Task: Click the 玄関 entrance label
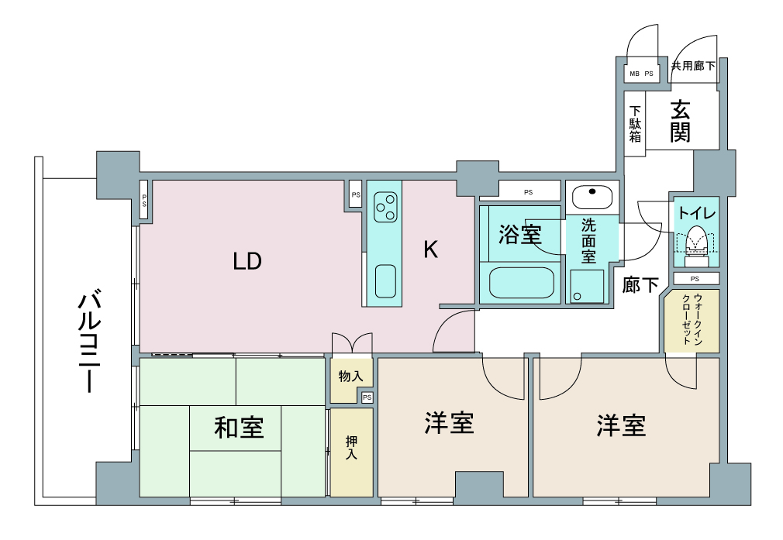(680, 122)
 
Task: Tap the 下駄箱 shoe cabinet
(635, 124)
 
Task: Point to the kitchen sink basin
(385, 281)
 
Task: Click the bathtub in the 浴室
(521, 283)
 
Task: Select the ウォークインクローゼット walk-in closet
(692, 321)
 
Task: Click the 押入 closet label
(351, 448)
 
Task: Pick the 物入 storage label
(350, 376)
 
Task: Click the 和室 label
(239, 428)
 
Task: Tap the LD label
(247, 261)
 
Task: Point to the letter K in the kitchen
(430, 249)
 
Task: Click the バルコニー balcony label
(90, 344)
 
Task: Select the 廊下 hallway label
(640, 285)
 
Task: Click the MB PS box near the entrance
(642, 74)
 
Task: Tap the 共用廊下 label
(693, 65)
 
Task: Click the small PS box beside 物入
(367, 397)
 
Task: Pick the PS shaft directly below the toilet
(696, 278)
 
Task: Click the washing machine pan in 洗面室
(587, 286)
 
